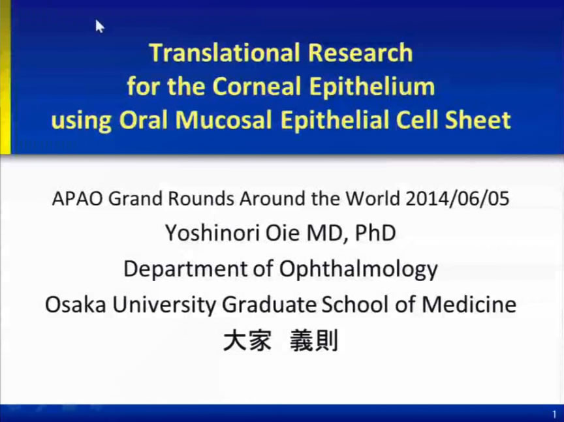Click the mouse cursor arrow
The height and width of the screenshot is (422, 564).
[x=99, y=26]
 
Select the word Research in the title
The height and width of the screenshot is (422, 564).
[x=360, y=52]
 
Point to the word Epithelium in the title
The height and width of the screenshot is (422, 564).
[x=372, y=87]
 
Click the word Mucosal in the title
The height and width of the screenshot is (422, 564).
[x=223, y=120]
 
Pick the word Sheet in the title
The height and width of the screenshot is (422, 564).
[x=478, y=120]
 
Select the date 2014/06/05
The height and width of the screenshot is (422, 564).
[x=457, y=198]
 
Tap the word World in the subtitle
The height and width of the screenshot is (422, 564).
[x=373, y=198]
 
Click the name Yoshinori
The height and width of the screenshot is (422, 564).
[x=213, y=233]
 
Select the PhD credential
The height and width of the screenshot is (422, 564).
[x=375, y=233]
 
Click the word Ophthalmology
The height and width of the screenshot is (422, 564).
[x=358, y=269]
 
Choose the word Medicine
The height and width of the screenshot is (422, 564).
[x=469, y=305]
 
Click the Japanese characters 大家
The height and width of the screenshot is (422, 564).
[x=247, y=340]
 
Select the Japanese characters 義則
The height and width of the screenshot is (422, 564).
[x=314, y=340]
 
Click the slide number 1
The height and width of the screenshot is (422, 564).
[x=554, y=414]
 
